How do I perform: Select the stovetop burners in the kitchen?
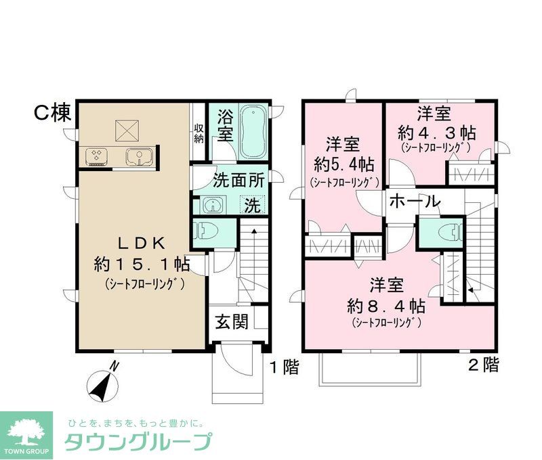(x=97, y=156)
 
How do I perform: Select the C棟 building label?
(x=52, y=113)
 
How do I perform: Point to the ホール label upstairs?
(x=415, y=201)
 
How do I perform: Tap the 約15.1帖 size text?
(x=141, y=264)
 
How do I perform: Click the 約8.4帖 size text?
(x=387, y=304)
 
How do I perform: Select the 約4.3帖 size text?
(x=436, y=131)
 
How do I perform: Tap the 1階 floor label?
(x=284, y=367)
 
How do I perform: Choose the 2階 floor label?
(x=484, y=366)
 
